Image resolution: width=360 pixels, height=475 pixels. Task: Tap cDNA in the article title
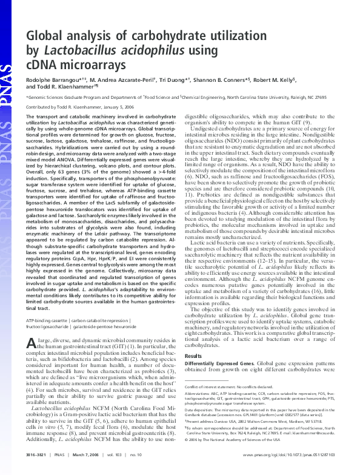coord(44,64)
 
